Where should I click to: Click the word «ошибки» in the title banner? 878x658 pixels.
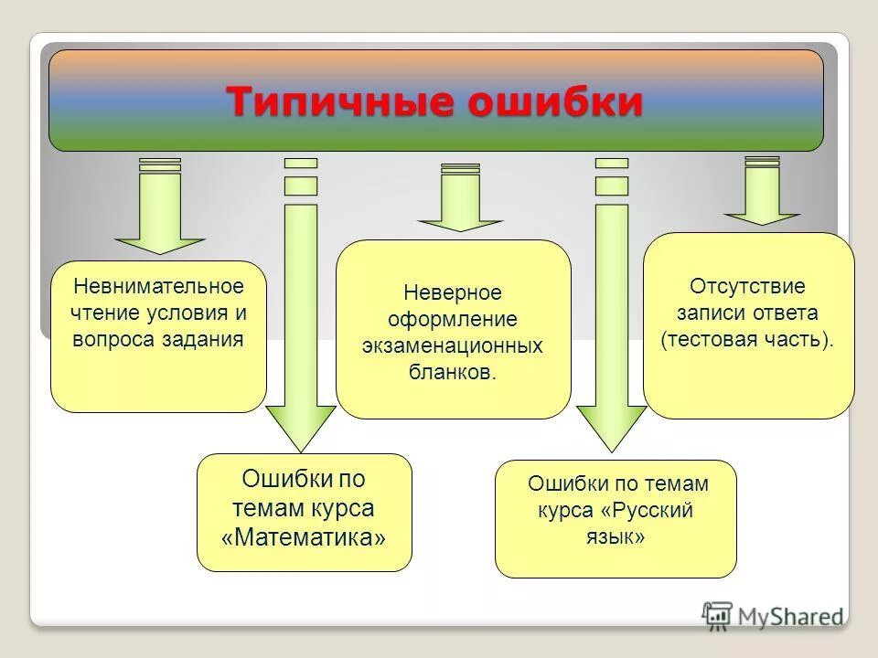[555, 101]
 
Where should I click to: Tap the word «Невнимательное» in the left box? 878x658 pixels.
[159, 286]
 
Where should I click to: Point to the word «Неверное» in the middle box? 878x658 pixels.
[453, 293]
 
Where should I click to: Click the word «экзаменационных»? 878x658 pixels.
[453, 346]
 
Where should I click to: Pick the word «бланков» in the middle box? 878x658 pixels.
[451, 373]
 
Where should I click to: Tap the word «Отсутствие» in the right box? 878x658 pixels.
[747, 286]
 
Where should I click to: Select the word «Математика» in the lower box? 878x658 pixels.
[304, 536]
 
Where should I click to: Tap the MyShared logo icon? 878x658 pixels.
[717, 615]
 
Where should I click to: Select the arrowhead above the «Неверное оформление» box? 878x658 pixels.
[460, 223]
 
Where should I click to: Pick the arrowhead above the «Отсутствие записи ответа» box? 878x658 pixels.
[762, 217]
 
